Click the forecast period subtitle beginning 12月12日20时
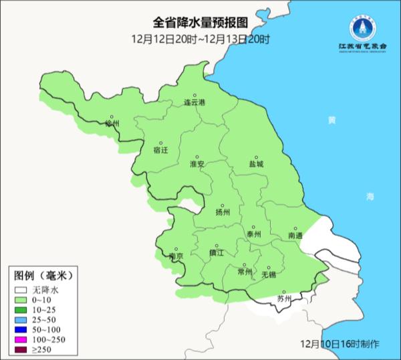(200, 39)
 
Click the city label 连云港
(195, 103)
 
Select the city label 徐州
(112, 124)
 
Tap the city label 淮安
(197, 164)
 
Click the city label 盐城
(256, 164)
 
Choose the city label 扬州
(223, 212)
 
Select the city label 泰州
(254, 234)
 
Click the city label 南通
(295, 236)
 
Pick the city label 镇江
(217, 253)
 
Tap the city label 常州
(245, 272)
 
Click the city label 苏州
(284, 299)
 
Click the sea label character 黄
(331, 120)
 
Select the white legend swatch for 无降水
(21, 290)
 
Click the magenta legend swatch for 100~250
(21, 341)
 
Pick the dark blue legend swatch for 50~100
(21, 331)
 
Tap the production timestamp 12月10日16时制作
(340, 343)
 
